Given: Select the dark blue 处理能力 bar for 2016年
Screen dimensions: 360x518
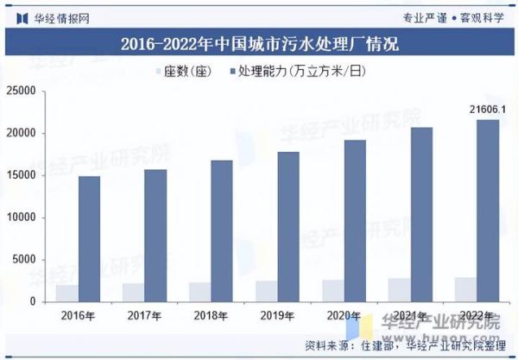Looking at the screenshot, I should coord(89,239).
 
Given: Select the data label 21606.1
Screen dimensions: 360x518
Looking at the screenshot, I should coord(487,110).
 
